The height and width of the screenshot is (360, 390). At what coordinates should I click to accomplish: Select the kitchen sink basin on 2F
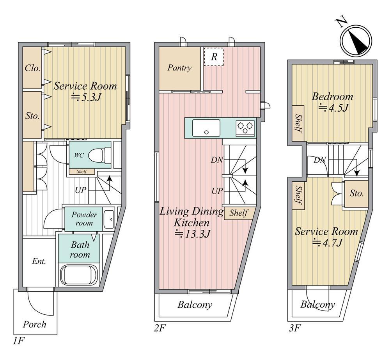coord(206,128)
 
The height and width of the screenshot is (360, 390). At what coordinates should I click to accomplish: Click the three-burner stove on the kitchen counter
coord(245,128)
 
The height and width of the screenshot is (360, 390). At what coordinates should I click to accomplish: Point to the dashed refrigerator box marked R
coord(214,57)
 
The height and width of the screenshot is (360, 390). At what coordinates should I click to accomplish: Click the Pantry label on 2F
coord(179,68)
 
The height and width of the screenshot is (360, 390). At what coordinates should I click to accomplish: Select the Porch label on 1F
coord(35,324)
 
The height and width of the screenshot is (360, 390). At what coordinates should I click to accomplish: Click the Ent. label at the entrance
coord(39,261)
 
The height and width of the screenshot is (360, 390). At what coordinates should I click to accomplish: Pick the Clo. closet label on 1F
coord(32,68)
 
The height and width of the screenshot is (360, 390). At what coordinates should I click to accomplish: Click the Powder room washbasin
coord(109,219)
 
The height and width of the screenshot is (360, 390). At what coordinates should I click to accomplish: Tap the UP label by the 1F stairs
coord(81,190)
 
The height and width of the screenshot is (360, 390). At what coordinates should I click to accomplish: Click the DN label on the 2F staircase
coord(217,160)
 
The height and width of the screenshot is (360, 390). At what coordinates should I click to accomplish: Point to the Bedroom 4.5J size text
coord(333,108)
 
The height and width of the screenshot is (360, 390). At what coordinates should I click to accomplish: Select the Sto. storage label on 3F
coord(356,193)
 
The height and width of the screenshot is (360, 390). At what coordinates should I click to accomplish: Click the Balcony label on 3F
coord(317,304)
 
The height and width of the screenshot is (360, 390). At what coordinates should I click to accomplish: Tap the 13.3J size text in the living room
coord(193,234)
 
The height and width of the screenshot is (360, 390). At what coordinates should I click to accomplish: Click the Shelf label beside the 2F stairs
coord(239,213)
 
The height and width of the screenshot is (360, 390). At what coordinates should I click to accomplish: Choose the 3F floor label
coord(294,328)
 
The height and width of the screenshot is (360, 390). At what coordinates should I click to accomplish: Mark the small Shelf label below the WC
coord(82,171)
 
